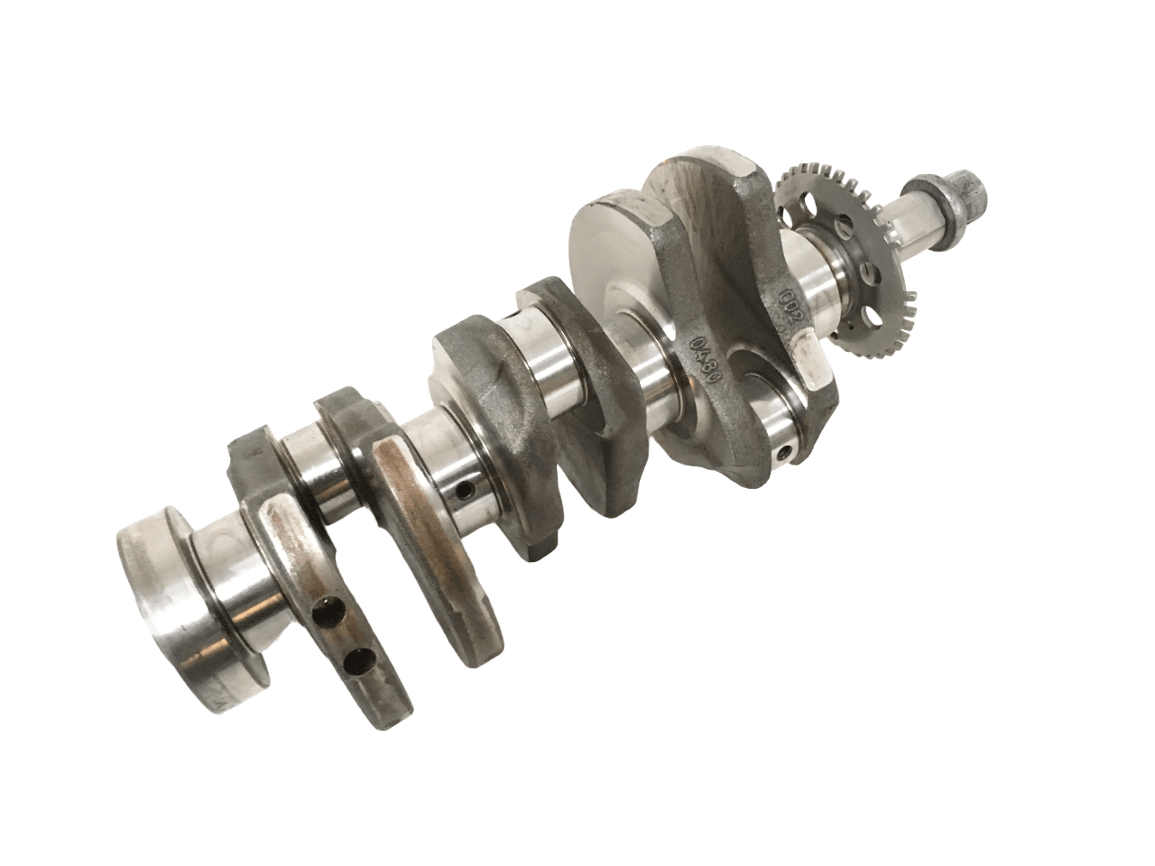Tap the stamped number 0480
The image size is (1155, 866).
coord(710,346)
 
